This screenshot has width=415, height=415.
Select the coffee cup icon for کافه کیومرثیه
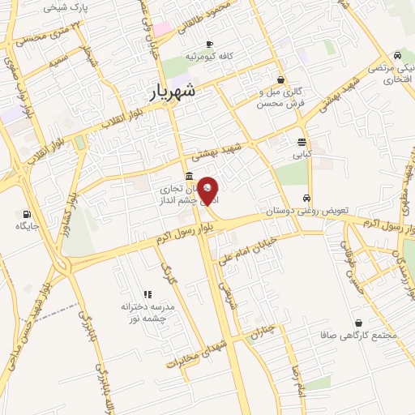(x=210, y=44)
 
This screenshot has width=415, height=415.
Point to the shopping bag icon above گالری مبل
(x=280, y=79)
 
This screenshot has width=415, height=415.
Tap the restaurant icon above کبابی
(x=302, y=141)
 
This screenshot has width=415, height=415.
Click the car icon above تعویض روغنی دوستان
(x=306, y=199)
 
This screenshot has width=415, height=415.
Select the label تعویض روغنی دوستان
(x=307, y=211)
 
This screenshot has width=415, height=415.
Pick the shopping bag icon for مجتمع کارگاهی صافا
(x=358, y=322)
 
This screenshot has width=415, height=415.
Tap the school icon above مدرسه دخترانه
(x=148, y=294)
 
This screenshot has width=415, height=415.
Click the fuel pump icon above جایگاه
(x=28, y=215)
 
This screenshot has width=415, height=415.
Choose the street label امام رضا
(x=297, y=377)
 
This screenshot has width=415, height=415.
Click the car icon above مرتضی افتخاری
(x=398, y=54)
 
